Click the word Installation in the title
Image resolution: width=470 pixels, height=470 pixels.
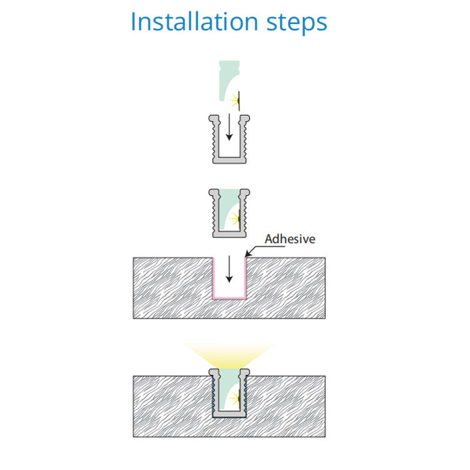tap(194, 22)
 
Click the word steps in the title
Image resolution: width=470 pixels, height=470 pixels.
tap(297, 23)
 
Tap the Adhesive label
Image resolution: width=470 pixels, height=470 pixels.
tap(290, 239)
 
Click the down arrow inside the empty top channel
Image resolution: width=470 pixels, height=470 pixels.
tap(229, 127)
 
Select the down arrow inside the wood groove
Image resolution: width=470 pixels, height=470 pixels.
tap(229, 269)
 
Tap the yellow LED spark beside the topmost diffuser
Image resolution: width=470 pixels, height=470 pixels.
tap(235, 100)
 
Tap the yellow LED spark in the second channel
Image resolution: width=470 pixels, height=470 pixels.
tap(235, 218)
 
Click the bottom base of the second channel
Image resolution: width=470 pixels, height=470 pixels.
tap(229, 234)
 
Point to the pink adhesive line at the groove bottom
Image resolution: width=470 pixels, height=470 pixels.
tap(229, 298)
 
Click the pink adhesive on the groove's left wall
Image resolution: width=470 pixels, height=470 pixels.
tap(213, 278)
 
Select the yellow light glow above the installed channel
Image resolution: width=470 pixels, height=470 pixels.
tap(229, 356)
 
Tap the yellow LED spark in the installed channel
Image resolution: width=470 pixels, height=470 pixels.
tap(235, 398)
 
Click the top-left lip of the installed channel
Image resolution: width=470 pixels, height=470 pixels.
tap(214, 372)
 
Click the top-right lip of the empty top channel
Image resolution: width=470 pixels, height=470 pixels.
tap(244, 119)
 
